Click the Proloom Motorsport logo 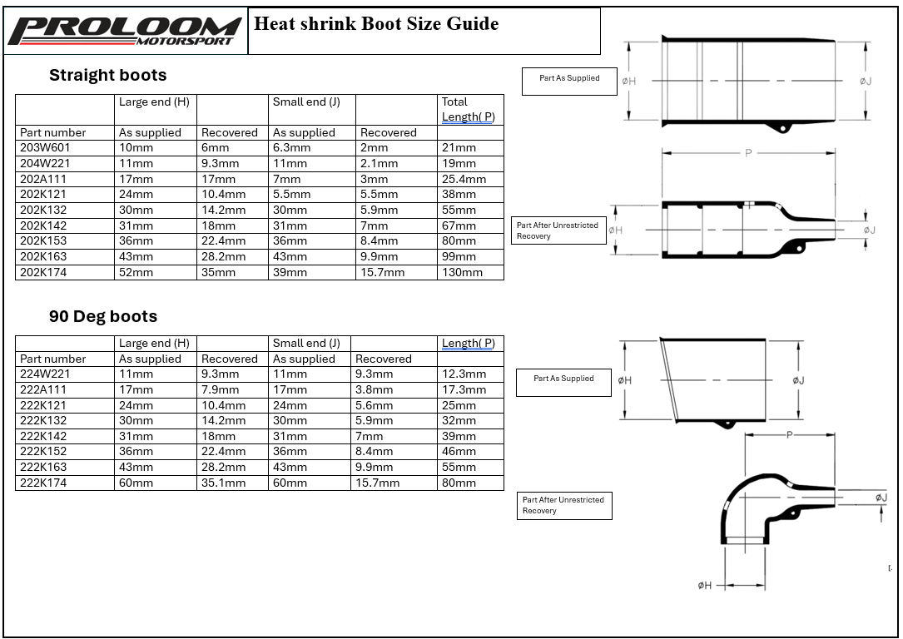tap(125, 31)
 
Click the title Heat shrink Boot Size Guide tap(376, 23)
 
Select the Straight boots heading tap(107, 76)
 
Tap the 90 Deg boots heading tap(102, 317)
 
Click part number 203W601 tap(51, 148)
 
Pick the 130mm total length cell tap(462, 272)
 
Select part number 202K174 tap(51, 272)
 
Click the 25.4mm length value tap(464, 179)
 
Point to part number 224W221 tap(51, 374)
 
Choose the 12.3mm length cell tap(464, 374)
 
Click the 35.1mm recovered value tap(223, 483)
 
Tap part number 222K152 tap(51, 452)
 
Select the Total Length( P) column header tap(468, 109)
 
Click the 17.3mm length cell tap(464, 389)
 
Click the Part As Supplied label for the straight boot tap(569, 78)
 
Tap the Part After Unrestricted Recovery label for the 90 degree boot tap(563, 505)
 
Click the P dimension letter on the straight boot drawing tap(748, 154)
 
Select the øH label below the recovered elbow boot tap(705, 586)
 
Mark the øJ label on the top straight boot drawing tap(866, 81)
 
